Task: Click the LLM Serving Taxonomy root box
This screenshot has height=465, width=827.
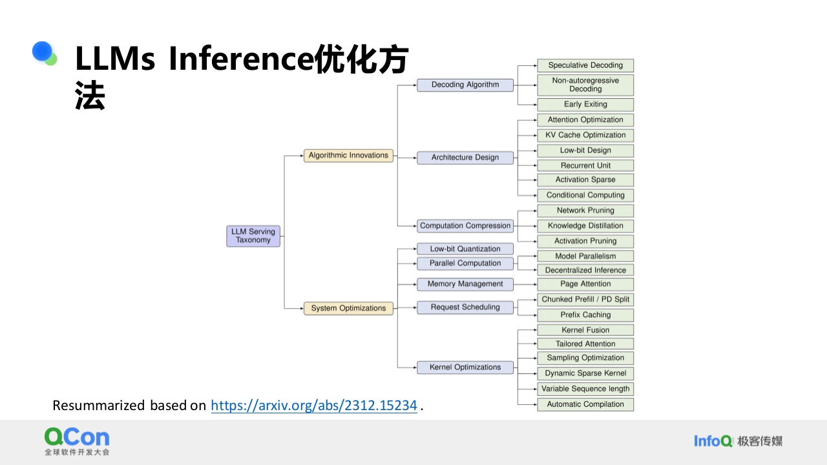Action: [x=253, y=236]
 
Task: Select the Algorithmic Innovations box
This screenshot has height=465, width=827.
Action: [x=348, y=156]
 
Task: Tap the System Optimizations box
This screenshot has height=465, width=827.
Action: [x=348, y=308]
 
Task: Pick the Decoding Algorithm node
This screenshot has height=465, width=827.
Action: [x=465, y=85]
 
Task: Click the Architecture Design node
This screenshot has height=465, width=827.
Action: [x=465, y=158]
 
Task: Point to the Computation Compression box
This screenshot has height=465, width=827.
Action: [x=465, y=226]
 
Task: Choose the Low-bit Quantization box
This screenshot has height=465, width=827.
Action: [x=465, y=249]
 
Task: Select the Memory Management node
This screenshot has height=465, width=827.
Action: [x=465, y=284]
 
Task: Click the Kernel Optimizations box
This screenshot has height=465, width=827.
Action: [x=465, y=367]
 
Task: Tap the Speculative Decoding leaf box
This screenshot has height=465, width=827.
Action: [x=585, y=65]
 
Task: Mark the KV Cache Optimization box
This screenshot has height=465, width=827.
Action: [x=585, y=135]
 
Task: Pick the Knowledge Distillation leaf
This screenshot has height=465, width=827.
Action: [x=585, y=226]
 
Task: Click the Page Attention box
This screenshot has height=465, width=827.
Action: [x=585, y=284]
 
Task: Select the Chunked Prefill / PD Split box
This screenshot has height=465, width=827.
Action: [x=585, y=299]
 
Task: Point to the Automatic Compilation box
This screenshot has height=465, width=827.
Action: [x=585, y=404]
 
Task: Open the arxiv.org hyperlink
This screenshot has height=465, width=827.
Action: [x=314, y=406]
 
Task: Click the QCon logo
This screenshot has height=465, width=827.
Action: [x=77, y=441]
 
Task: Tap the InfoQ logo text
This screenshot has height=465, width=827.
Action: [x=713, y=441]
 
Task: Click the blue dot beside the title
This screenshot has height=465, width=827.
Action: [x=42, y=51]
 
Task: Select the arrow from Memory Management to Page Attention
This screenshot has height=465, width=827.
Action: [x=525, y=284]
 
